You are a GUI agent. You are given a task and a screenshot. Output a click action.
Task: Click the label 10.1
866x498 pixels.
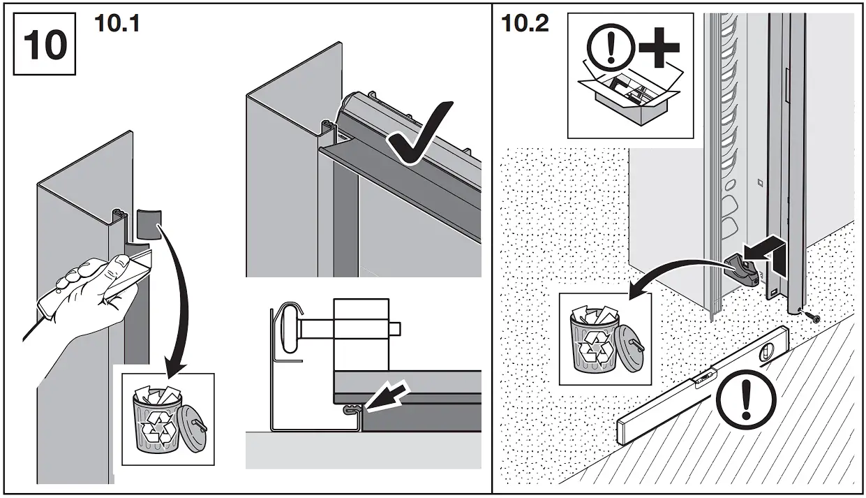pos(117,24)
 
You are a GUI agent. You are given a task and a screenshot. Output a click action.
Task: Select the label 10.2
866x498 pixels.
pos(525,24)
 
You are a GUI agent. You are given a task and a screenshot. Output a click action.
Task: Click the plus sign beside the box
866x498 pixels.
pos(659,48)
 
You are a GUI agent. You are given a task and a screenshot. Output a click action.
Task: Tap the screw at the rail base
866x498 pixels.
pos(812,318)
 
